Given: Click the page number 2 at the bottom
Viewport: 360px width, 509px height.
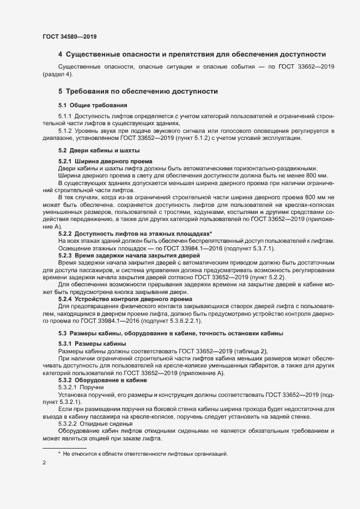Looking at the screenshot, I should click(44, 463).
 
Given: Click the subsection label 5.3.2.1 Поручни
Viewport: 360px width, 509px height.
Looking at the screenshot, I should click(81, 387).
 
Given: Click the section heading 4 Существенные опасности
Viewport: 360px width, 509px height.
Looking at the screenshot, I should click(192, 54).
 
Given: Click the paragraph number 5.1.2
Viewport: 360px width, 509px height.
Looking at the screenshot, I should click(65, 131).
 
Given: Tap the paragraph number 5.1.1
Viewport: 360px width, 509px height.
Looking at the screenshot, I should click(65, 116).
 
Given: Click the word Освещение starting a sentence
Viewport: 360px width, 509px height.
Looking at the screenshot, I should click(72, 249).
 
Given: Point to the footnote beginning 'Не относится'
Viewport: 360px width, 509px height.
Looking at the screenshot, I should click(145, 453).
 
